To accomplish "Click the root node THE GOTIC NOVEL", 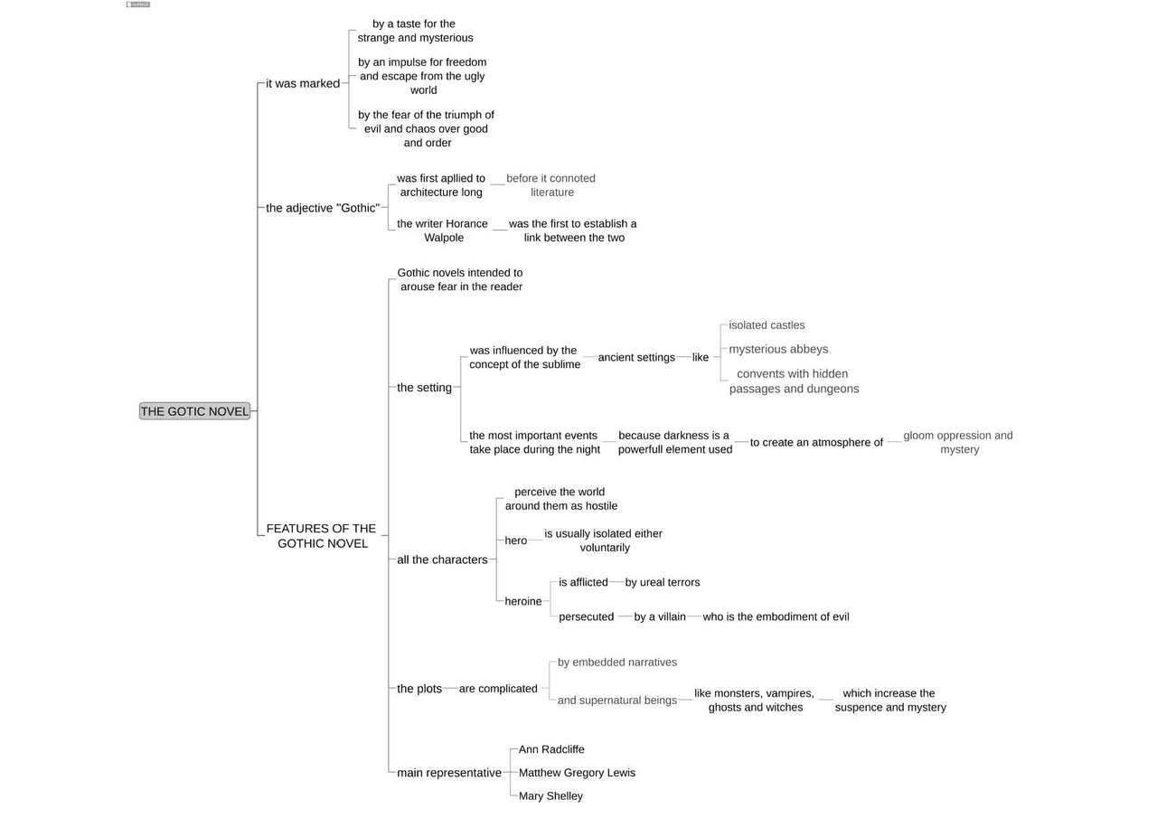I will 194,411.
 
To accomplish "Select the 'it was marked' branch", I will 303,83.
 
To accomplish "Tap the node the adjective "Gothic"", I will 323,208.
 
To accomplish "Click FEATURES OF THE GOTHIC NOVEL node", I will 322,536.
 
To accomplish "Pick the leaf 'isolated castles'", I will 767,325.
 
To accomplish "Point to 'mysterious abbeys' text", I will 778,349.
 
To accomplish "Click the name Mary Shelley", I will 550,796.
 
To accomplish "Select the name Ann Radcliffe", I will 551,749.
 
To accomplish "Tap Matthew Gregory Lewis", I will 577,773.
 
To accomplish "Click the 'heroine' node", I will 523,601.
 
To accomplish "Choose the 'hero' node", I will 515,541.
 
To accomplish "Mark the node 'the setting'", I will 424,388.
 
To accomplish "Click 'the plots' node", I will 419,689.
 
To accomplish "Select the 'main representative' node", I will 449,773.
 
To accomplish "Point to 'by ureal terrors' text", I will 663,582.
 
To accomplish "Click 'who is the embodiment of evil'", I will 776,616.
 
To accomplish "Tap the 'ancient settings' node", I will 636,357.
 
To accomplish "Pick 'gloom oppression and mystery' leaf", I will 958,442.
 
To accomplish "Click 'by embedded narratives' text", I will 617,663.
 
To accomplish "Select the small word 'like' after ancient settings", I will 701,357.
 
